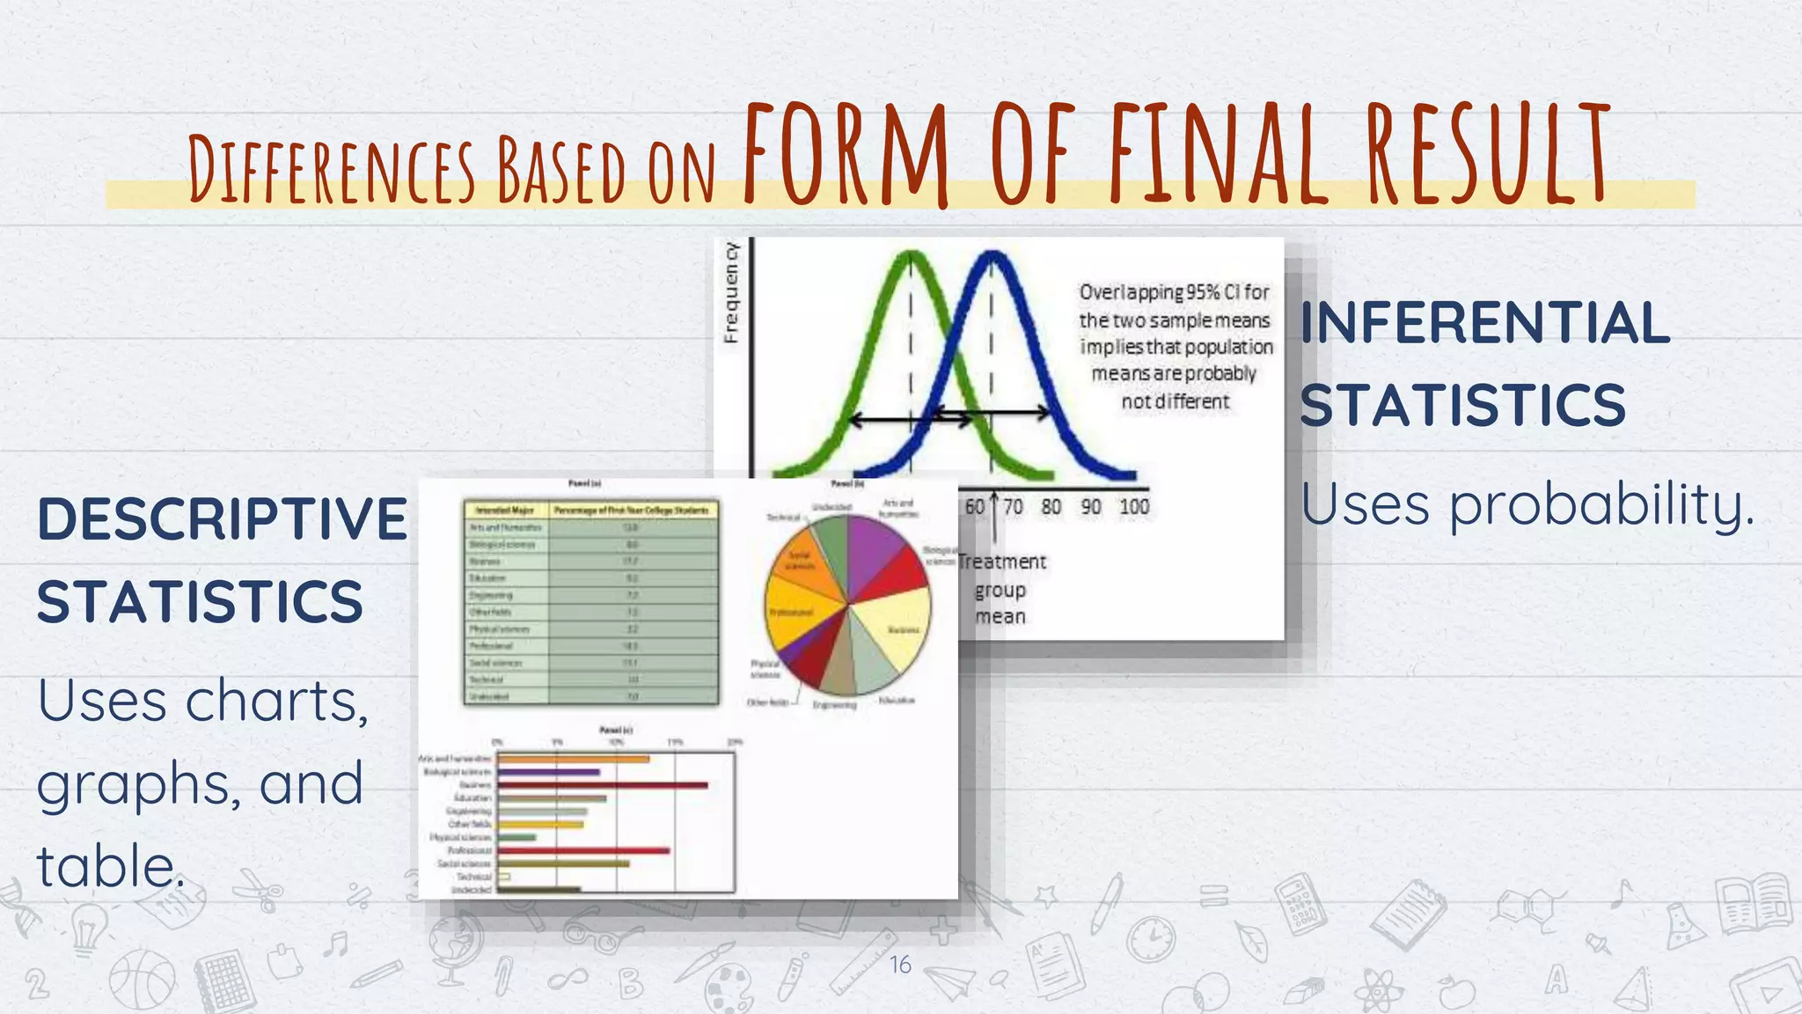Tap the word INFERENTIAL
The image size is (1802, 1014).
click(x=1484, y=323)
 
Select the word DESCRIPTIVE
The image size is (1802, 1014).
click(x=222, y=518)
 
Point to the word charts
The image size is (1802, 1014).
click(x=276, y=702)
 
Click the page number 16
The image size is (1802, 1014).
click(x=900, y=965)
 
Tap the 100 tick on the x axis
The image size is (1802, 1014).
click(x=1134, y=507)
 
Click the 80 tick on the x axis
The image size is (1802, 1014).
click(x=1051, y=507)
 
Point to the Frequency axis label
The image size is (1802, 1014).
click(x=731, y=292)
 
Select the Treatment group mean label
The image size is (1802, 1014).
click(x=1001, y=589)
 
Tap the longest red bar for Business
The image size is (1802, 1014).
click(x=603, y=784)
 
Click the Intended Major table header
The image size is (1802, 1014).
click(x=505, y=510)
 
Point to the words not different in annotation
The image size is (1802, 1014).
click(x=1175, y=401)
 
